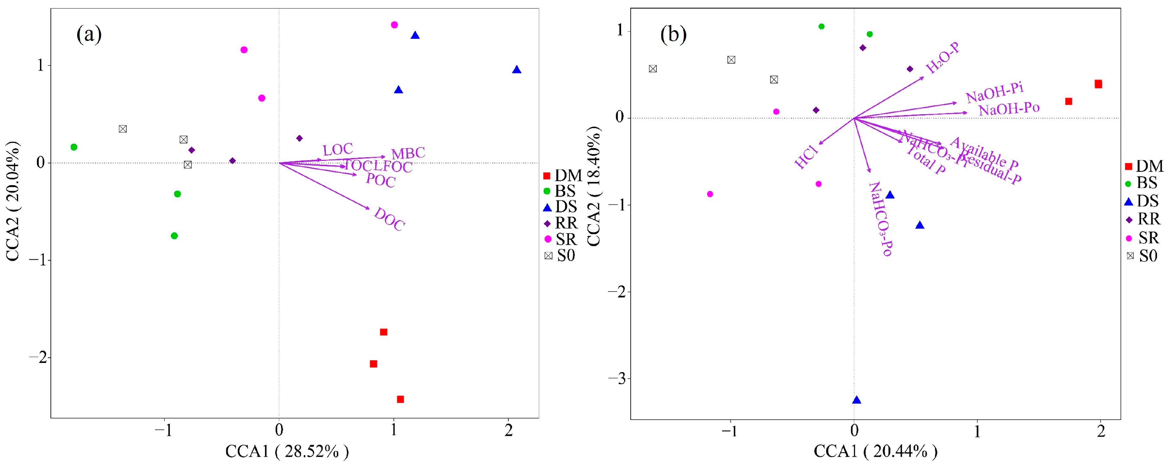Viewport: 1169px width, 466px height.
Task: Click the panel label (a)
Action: (89, 34)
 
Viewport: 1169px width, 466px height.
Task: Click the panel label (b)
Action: (673, 34)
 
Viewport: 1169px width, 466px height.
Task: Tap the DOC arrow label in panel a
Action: (389, 219)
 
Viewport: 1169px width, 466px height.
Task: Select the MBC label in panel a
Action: (408, 153)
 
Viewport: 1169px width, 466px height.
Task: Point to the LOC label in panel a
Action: (338, 149)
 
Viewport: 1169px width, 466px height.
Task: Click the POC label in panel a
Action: (380, 180)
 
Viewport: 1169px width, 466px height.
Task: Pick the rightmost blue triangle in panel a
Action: (517, 70)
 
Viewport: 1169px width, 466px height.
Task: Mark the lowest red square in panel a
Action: (400, 399)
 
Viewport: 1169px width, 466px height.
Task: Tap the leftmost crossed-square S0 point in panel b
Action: (652, 69)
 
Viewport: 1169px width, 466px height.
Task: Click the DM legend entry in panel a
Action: (563, 176)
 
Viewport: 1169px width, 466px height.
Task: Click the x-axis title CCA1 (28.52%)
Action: (287, 452)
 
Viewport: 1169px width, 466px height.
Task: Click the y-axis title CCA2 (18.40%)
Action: (594, 186)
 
